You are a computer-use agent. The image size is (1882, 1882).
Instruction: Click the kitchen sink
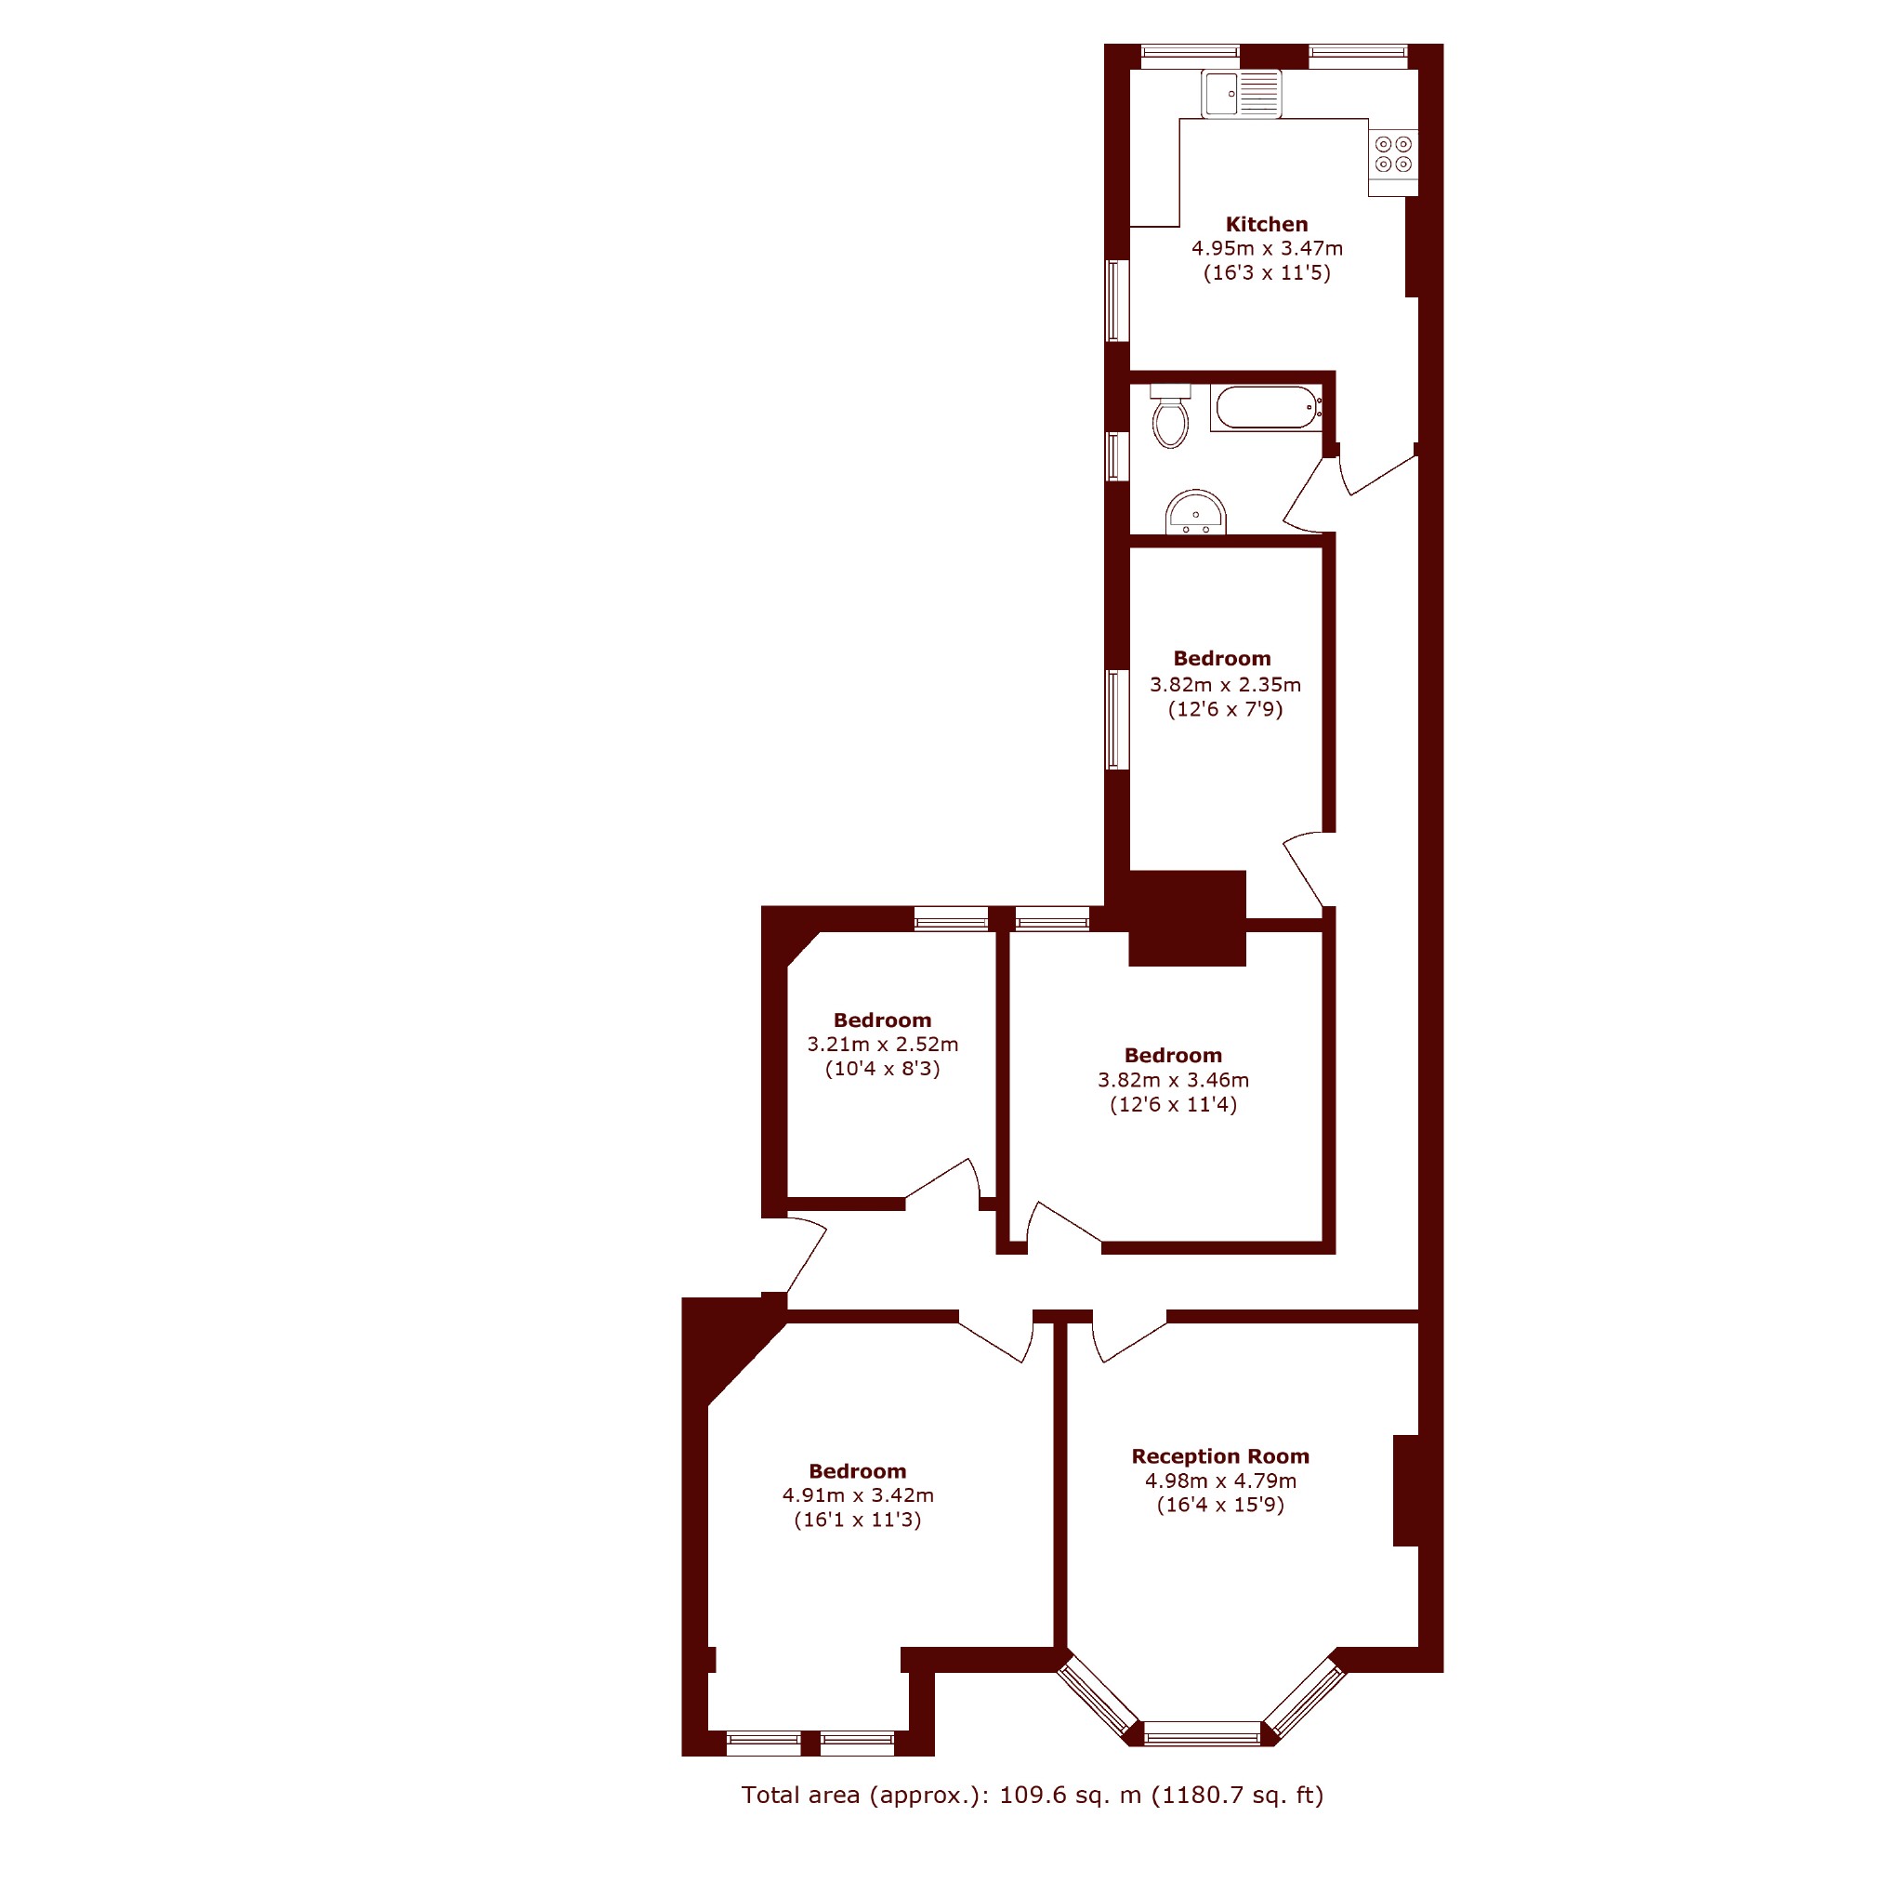click(x=1241, y=95)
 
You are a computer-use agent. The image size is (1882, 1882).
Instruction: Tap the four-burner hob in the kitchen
click(x=1393, y=155)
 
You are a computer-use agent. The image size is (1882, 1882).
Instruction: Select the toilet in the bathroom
click(x=1170, y=416)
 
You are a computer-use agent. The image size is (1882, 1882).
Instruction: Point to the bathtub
click(x=1267, y=407)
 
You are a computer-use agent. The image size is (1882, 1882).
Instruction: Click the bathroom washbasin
click(x=1195, y=512)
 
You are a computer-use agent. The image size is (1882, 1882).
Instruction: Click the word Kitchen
click(x=1267, y=224)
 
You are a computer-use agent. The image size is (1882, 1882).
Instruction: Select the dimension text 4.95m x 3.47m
click(x=1268, y=248)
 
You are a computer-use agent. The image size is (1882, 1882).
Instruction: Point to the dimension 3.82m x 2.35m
click(x=1226, y=685)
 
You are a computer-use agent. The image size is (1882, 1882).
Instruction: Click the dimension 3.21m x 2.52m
click(x=883, y=1045)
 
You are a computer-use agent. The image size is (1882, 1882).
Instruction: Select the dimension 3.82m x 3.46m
click(x=1174, y=1080)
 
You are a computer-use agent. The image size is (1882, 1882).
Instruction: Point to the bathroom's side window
click(x=1117, y=456)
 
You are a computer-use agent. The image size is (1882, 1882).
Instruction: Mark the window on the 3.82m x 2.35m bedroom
click(x=1117, y=719)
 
